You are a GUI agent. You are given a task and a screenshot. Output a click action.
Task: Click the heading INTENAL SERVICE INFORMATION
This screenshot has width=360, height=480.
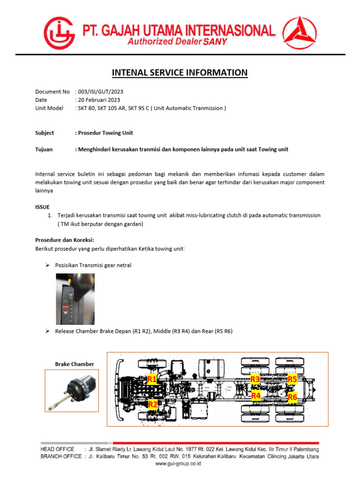tap(180, 73)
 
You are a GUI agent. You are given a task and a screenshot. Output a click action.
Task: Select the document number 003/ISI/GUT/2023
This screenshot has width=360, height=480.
tap(99, 92)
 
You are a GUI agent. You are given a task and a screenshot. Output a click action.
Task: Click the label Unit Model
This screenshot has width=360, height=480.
tap(49, 108)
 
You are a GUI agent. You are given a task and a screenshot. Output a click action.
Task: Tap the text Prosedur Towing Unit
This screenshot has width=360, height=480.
tap(105, 133)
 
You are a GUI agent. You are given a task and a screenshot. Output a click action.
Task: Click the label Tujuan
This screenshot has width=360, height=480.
tap(44, 150)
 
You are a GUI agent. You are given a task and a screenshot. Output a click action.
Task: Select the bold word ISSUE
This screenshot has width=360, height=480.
tap(42, 207)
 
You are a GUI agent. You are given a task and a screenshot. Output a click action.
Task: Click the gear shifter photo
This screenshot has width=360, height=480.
tap(75, 299)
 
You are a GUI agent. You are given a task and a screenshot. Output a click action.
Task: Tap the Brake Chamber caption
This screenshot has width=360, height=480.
tap(75, 364)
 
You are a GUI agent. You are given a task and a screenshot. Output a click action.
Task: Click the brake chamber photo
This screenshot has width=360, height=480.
tap(72, 390)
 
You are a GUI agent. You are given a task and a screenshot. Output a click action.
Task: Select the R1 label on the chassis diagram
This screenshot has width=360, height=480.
tap(152, 380)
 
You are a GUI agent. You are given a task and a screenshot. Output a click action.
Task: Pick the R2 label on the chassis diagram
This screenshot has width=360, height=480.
tap(153, 404)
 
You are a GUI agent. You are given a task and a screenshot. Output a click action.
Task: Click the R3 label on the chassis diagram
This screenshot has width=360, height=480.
tap(255, 379)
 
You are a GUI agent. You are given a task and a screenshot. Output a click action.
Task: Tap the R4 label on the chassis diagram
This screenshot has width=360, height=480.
tap(256, 396)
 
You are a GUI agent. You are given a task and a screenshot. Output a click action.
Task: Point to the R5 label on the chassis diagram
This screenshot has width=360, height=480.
tap(292, 379)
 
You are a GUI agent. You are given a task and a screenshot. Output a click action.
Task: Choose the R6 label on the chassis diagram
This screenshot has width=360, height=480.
tap(293, 397)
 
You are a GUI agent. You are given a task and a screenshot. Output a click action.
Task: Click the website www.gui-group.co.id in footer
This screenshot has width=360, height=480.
tap(179, 463)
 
